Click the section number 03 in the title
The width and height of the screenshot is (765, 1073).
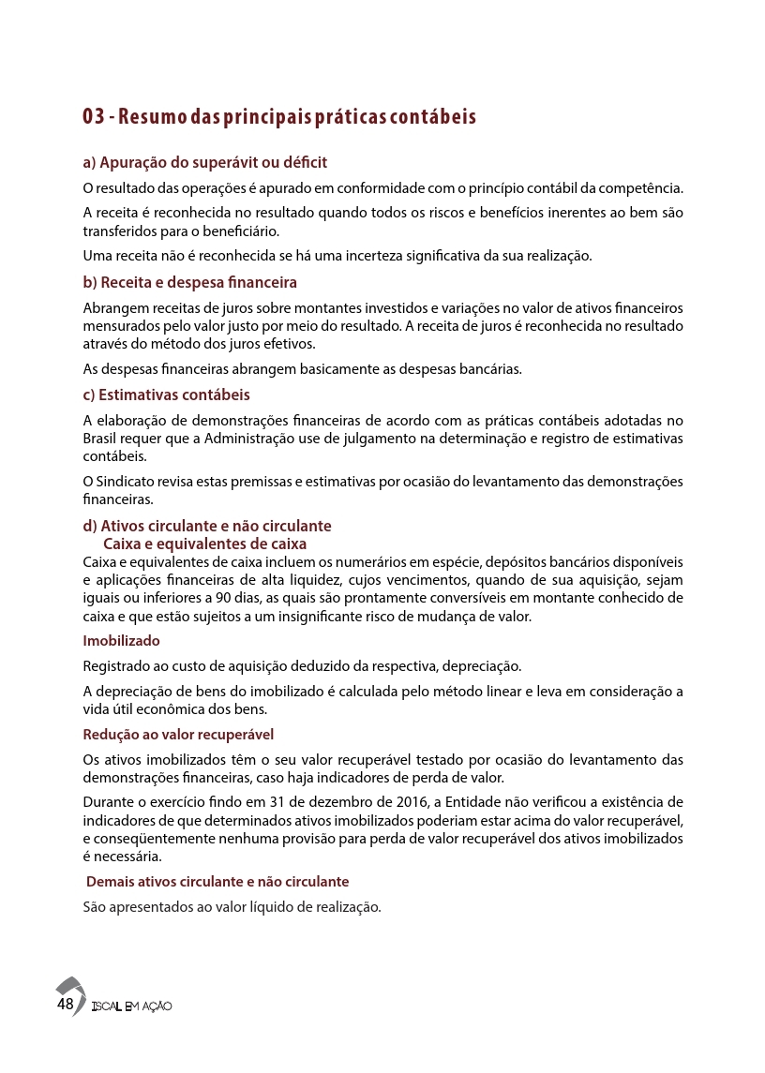93,117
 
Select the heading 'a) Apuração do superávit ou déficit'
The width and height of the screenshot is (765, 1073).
204,162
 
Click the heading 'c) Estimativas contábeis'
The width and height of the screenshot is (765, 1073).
166,395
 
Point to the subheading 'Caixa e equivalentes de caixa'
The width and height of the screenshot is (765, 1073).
204,544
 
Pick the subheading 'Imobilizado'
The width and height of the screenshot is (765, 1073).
121,641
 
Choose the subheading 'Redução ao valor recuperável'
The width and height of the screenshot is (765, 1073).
178,734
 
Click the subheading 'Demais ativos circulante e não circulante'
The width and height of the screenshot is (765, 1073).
217,882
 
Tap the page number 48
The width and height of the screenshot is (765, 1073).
65,1004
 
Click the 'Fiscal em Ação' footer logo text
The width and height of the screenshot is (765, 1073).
132,1006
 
